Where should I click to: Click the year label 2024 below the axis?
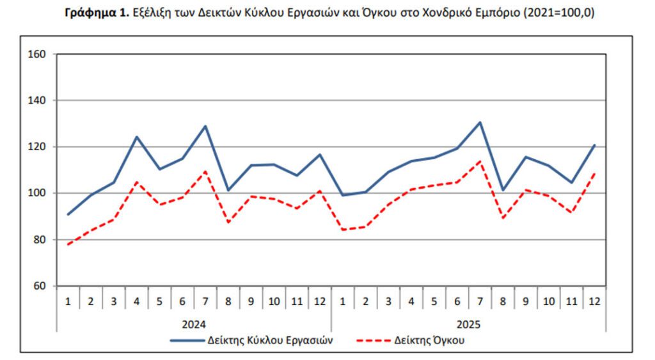coord(194,324)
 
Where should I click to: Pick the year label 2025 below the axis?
coord(468,324)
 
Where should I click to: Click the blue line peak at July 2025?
coord(480,122)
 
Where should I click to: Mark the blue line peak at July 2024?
coord(205,126)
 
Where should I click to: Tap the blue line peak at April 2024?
coord(137,137)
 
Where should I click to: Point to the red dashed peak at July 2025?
coord(480,161)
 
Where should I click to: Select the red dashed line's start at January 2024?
coord(68,244)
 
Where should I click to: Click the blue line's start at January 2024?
coord(68,214)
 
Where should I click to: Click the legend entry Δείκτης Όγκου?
coord(429,340)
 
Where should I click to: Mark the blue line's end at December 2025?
coord(594,145)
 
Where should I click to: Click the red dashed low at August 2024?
coord(228,222)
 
